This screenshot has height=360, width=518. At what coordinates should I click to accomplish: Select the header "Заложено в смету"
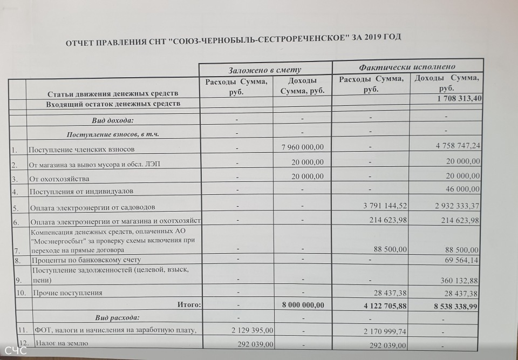264,70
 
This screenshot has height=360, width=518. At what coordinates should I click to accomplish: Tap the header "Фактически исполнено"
407,67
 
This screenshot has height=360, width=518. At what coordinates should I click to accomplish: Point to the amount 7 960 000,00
303,147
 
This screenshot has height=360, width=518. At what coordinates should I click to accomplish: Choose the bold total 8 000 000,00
303,304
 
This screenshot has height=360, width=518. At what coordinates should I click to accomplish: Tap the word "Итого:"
189,304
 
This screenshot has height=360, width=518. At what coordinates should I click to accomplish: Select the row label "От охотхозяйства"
59,178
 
